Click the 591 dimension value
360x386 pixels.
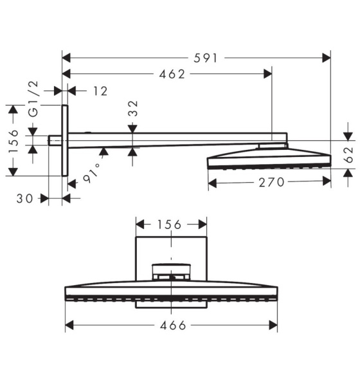click(x=206, y=59)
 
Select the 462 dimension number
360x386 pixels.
click(x=172, y=74)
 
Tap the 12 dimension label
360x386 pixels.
click(x=100, y=91)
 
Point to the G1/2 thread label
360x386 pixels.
click(x=33, y=99)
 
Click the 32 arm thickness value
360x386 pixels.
click(x=133, y=108)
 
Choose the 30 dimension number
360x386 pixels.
click(x=24, y=198)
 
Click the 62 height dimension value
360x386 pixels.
click(x=348, y=155)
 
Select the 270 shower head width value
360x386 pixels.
click(x=271, y=183)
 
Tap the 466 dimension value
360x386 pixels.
click(x=173, y=326)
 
